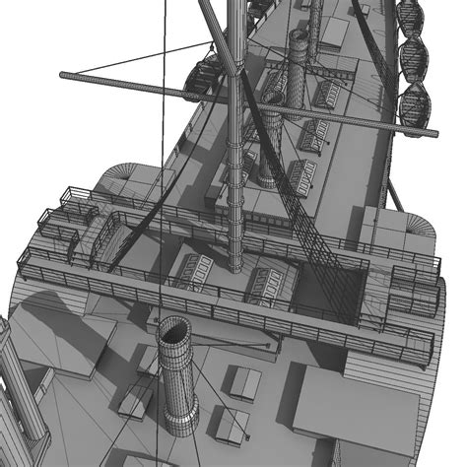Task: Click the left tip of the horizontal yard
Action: tap(61, 74)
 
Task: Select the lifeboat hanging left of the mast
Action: tap(206, 74)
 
